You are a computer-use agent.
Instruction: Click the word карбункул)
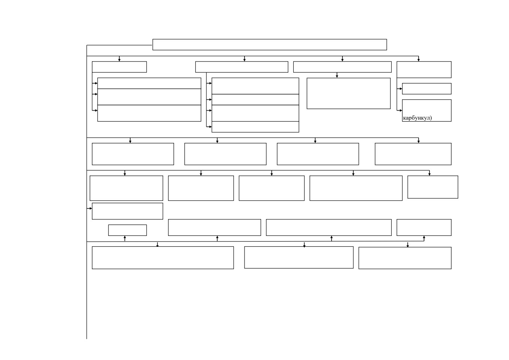click(417, 118)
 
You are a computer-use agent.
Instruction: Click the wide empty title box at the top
click(270, 45)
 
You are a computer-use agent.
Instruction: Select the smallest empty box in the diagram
click(128, 230)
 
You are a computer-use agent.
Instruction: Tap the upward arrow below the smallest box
click(125, 238)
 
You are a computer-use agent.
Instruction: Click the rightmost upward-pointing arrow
click(424, 238)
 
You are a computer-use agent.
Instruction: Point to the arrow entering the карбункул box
click(399, 110)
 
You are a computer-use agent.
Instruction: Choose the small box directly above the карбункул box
click(427, 88)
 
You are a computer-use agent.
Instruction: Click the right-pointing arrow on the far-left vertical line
click(89, 208)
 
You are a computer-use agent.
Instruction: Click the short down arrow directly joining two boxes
click(337, 75)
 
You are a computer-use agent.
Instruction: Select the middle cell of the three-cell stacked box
click(149, 97)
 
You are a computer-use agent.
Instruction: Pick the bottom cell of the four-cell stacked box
click(255, 127)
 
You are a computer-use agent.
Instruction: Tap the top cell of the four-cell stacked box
click(255, 86)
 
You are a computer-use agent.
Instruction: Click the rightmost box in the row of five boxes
click(433, 187)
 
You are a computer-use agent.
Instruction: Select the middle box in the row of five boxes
click(272, 188)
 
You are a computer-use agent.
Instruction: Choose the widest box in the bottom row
click(163, 258)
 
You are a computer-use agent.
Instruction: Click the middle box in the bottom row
click(299, 257)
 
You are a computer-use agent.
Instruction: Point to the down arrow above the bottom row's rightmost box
click(408, 244)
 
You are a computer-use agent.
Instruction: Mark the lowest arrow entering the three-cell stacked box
click(95, 110)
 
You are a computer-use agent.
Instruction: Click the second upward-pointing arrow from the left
click(217, 238)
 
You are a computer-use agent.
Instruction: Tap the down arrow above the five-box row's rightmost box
click(429, 173)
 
